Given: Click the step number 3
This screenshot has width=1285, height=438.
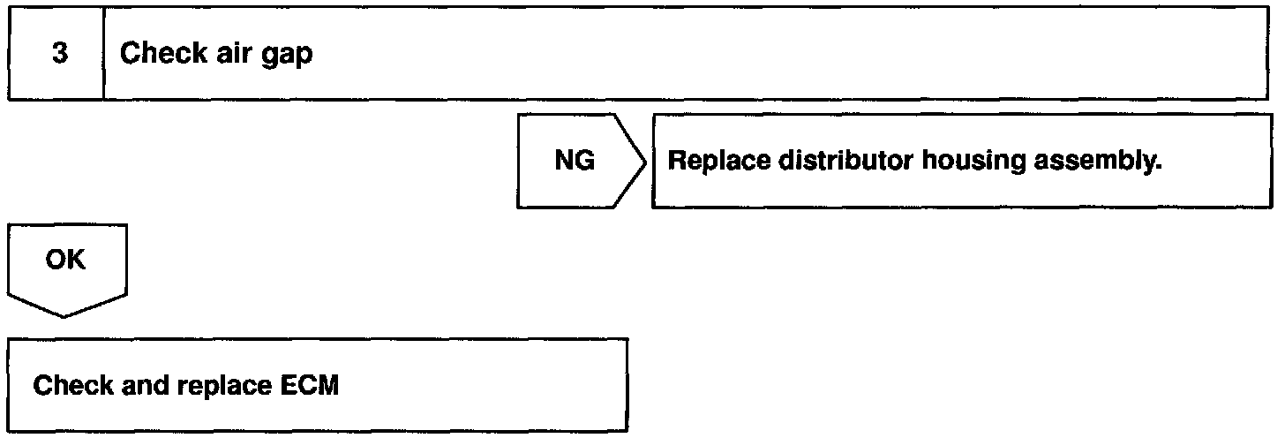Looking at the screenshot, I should pyautogui.click(x=58, y=54).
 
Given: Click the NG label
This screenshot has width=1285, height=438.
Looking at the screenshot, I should pyautogui.click(x=575, y=161).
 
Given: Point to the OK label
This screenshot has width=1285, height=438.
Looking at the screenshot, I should pyautogui.click(x=65, y=261).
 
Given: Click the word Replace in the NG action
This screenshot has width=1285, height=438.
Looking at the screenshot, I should pyautogui.click(x=710, y=161).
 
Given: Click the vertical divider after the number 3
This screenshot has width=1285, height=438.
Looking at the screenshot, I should pyautogui.click(x=104, y=54).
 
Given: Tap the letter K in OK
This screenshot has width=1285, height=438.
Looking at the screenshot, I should pyautogui.click(x=77, y=261).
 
